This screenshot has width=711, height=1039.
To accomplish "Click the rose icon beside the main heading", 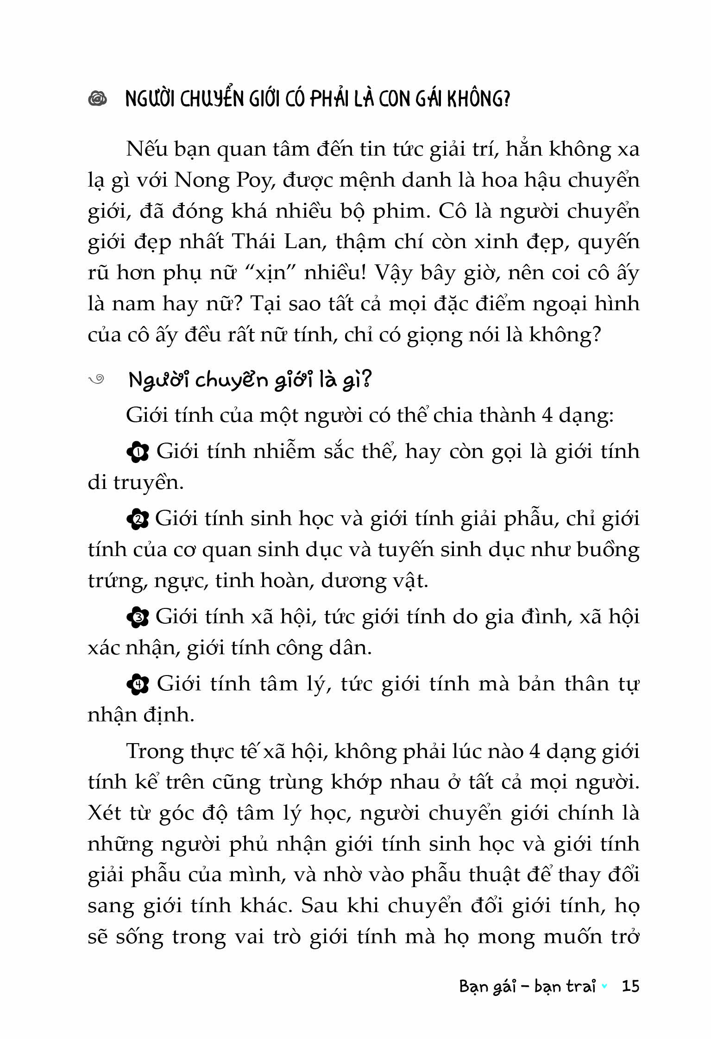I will point(97,98).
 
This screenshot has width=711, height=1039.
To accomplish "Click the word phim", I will point(399,212).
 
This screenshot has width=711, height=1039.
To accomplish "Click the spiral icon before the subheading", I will point(97,380).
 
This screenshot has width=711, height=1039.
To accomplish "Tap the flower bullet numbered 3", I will point(137,618).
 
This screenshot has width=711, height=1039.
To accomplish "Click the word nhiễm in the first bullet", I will point(284,451).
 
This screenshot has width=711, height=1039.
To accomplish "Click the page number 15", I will point(630,986).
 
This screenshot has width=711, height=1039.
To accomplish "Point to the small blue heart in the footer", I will point(604,986).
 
